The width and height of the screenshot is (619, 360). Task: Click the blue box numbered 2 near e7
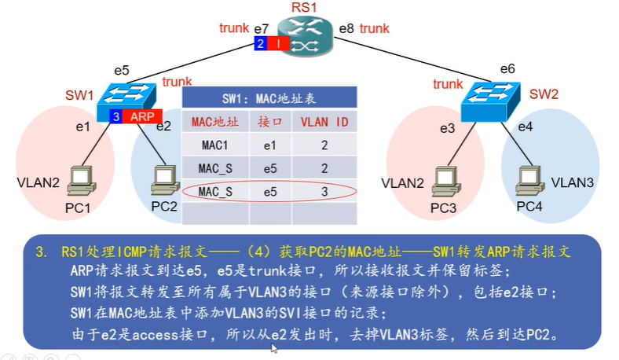[x=259, y=45]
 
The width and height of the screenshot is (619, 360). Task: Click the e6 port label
[x=507, y=69]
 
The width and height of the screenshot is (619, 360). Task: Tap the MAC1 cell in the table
[x=214, y=145]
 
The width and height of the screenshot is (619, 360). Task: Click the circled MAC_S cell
[x=214, y=191]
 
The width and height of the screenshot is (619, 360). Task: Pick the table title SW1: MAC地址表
[x=269, y=98]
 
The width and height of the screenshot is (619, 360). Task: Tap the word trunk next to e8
[x=375, y=29]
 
